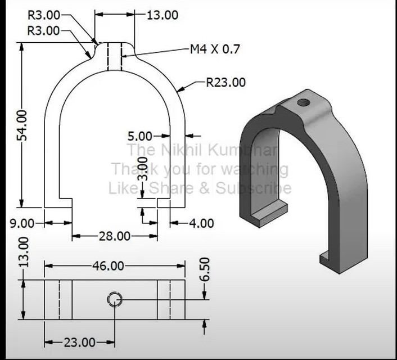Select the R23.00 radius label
tap(225, 83)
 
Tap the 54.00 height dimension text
tap(21, 125)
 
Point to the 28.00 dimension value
tap(115, 236)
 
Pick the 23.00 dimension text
tap(79, 342)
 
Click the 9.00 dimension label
tap(21, 223)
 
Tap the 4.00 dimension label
tap(201, 223)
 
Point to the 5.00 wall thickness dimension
tap(140, 136)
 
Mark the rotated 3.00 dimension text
tap(144, 169)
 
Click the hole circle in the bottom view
tap(115, 299)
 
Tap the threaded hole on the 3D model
tap(303, 103)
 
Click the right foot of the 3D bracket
tap(332, 259)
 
